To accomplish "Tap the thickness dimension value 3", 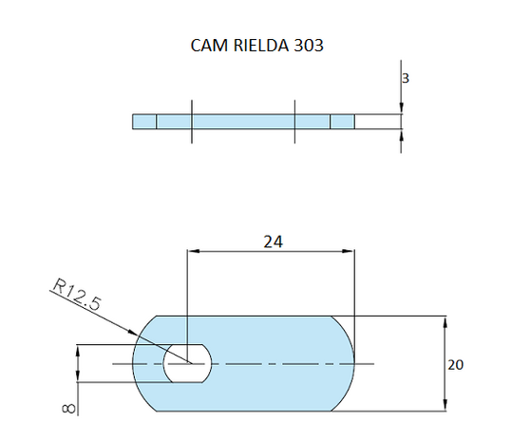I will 406,80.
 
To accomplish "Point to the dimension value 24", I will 273,241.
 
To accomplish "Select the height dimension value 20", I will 457,364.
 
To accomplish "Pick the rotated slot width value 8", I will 66,407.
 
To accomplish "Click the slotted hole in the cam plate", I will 188,364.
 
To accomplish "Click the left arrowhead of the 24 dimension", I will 193,252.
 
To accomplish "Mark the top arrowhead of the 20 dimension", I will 445,321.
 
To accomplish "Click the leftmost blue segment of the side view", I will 144,122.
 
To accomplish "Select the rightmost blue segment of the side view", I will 342,122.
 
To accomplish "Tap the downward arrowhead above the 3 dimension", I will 402,109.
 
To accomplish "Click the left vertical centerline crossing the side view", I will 191,122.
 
